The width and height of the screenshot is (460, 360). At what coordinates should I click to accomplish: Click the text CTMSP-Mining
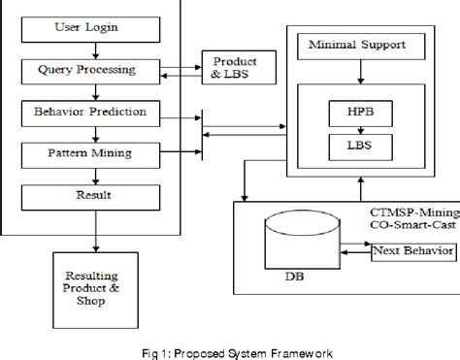click(411, 213)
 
